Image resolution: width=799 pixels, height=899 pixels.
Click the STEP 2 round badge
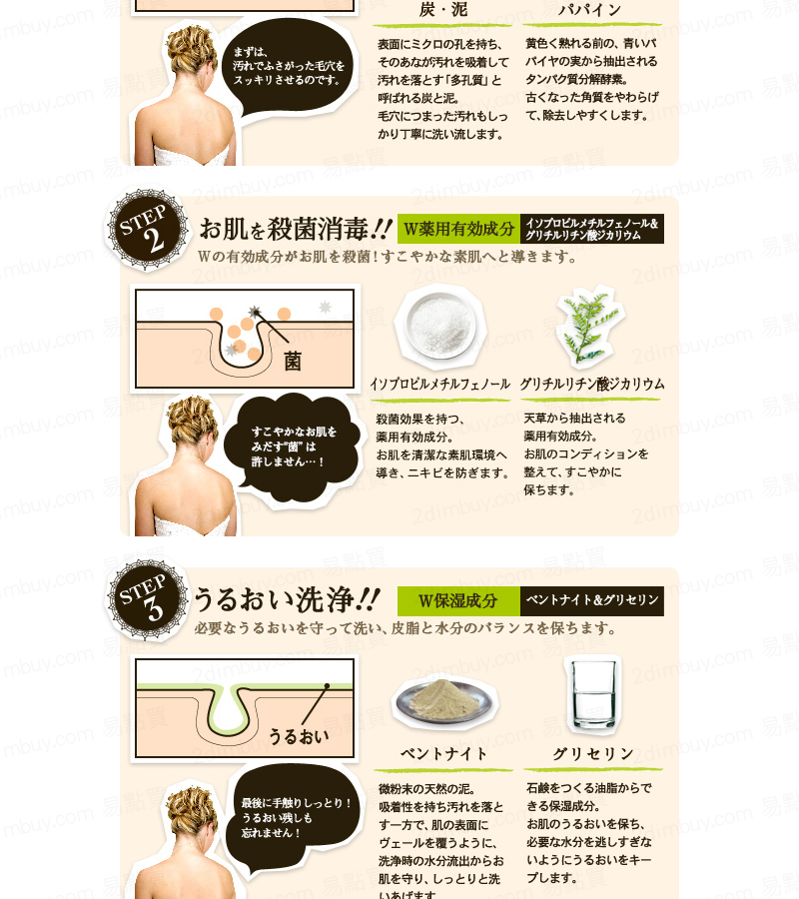tap(146, 230)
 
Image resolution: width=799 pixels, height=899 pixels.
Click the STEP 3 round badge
tap(146, 599)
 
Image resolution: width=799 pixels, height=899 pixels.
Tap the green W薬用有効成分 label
tap(458, 229)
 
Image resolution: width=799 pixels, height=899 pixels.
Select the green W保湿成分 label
tap(458, 601)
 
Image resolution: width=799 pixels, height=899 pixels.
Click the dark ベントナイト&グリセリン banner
tap(592, 601)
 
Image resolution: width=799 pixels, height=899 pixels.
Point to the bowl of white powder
tap(440, 326)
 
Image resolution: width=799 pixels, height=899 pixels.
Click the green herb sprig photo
tap(589, 327)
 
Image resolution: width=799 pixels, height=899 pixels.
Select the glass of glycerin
tap(592, 695)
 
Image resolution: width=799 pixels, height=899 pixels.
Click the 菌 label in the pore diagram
tap(293, 362)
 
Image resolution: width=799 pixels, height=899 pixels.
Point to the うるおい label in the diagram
tap(299, 736)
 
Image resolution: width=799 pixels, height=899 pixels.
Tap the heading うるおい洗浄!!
tap(287, 599)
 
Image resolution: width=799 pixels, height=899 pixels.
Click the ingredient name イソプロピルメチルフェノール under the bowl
tap(440, 384)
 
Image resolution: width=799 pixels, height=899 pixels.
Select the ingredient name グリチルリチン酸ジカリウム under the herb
tap(592, 384)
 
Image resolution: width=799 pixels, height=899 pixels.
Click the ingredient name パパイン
tap(590, 10)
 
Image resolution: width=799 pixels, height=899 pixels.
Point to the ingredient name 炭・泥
tap(443, 10)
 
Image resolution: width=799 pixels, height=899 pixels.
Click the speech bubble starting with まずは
tap(289, 67)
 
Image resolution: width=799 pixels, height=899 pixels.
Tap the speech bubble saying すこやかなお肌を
tap(294, 448)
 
